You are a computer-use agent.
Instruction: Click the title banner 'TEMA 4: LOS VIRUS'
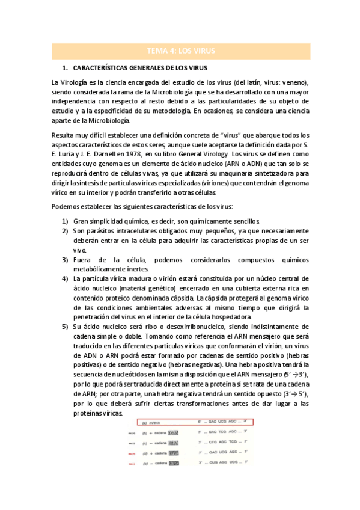(180, 51)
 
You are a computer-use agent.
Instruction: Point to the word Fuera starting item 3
(84, 259)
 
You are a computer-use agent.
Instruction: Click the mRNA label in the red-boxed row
(156, 423)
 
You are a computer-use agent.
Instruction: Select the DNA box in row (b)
(174, 432)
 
